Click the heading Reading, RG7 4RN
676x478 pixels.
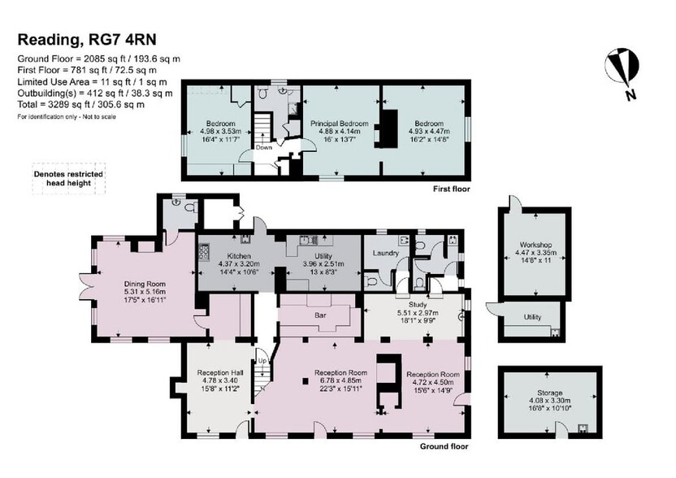[87, 40]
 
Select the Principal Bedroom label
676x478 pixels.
[340, 124]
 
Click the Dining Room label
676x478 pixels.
[145, 284]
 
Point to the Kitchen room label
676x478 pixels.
[239, 256]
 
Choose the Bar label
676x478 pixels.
[320, 315]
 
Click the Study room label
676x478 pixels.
[418, 305]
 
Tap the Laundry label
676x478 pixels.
[385, 254]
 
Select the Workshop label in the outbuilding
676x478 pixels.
[535, 245]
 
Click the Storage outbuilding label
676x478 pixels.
[550, 393]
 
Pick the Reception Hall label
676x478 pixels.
[220, 373]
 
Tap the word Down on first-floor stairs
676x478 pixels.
[264, 147]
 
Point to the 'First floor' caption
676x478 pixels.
[452, 189]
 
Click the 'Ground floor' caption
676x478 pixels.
[444, 446]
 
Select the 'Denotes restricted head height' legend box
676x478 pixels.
[69, 179]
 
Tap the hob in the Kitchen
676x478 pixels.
[203, 252]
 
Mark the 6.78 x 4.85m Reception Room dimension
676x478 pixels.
[340, 380]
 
